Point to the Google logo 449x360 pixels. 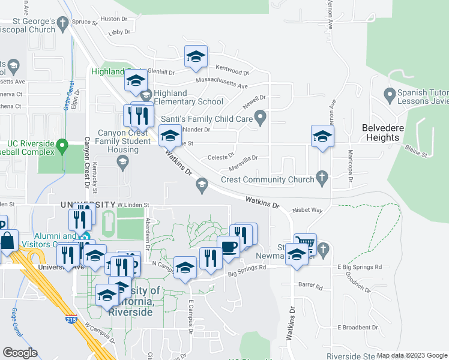(x=20, y=353)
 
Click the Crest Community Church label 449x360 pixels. (x=267, y=179)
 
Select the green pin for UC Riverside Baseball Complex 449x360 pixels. (x=61, y=145)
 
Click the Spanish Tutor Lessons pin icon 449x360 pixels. (x=391, y=94)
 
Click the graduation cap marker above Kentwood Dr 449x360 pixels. (x=196, y=57)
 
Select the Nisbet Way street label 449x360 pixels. (x=307, y=211)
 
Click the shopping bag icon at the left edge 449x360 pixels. (x=8, y=242)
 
